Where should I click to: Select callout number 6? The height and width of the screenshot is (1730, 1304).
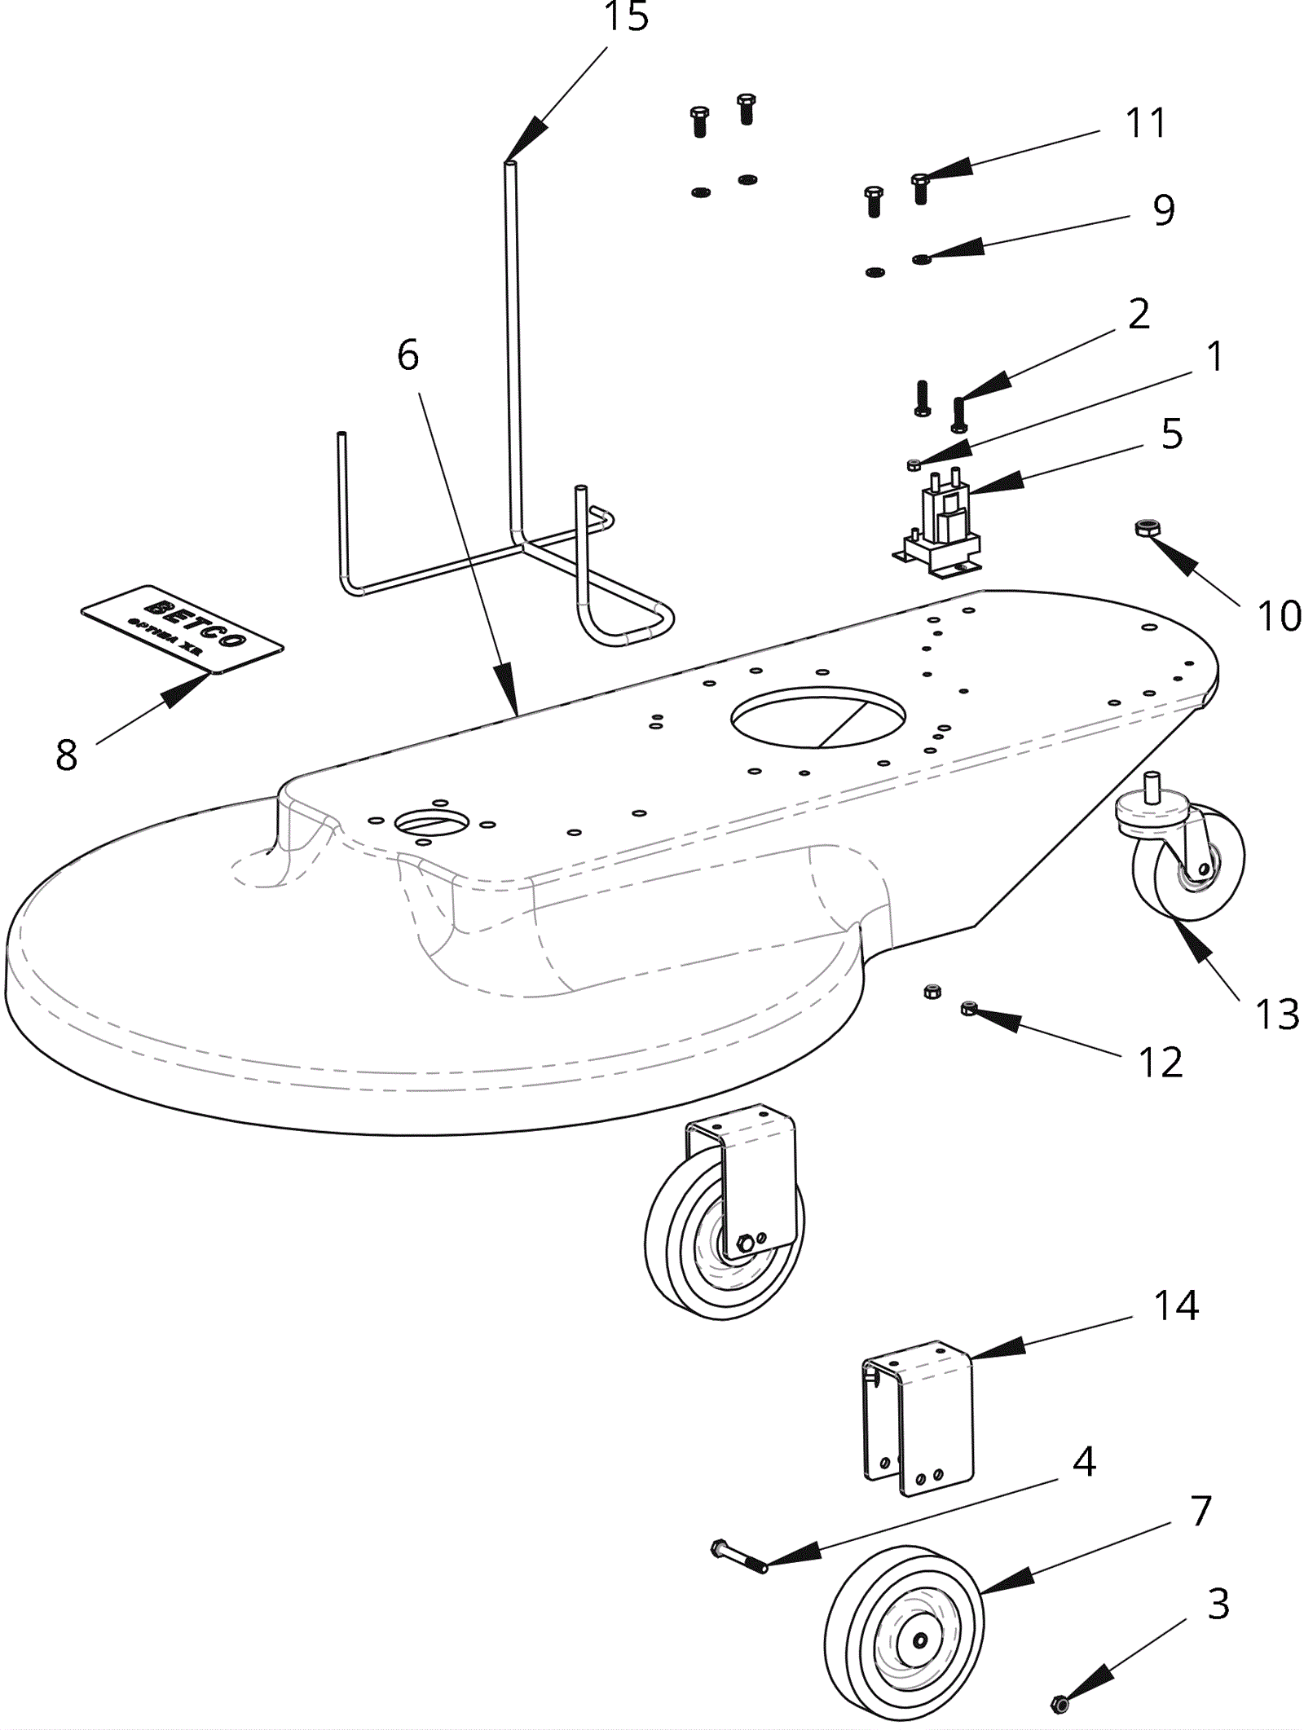407,355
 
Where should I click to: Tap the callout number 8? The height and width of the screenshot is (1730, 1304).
66,755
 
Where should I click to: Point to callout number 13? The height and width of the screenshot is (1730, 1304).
1276,1015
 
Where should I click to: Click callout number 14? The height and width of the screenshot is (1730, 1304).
1176,1305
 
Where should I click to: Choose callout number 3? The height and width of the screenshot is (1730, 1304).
1218,1603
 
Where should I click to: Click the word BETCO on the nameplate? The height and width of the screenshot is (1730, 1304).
195,621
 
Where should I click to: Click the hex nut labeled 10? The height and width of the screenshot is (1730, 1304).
1146,528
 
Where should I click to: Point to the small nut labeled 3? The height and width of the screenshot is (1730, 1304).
1060,1702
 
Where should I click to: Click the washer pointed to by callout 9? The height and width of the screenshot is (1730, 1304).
922,259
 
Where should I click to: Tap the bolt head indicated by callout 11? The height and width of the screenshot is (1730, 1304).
920,180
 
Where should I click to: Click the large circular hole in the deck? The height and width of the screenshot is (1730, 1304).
817,716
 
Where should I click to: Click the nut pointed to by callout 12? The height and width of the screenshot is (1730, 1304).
969,1009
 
